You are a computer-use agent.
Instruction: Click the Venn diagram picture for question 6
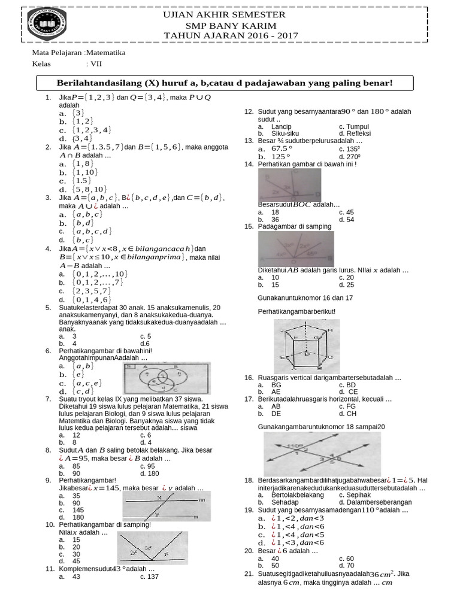(167, 378)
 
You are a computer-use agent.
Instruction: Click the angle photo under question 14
(289, 185)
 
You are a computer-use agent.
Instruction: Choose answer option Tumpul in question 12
(353, 127)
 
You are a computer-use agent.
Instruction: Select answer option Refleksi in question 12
(355, 133)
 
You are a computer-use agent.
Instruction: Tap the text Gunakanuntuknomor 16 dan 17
(305, 298)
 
